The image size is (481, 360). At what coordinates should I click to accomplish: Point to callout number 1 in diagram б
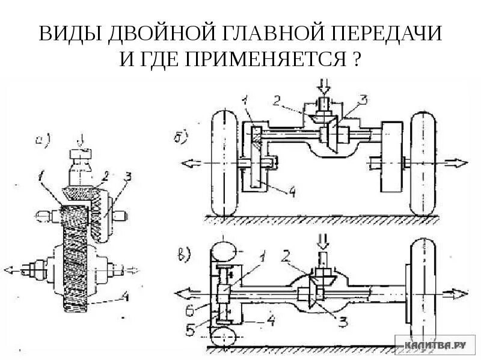(245, 100)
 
